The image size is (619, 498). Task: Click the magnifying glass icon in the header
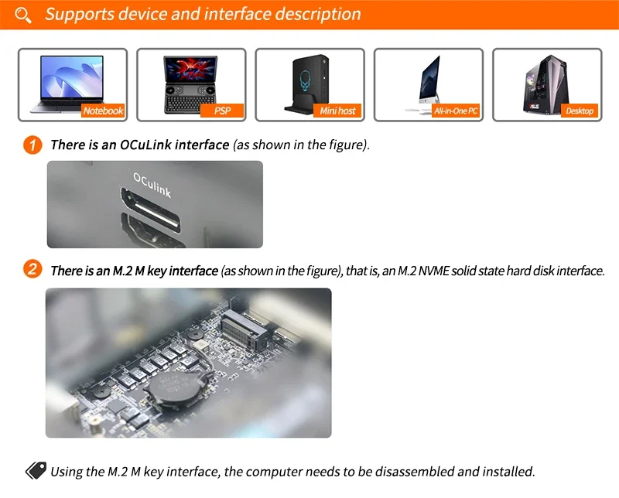tap(23, 15)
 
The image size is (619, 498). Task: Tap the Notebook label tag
tap(103, 111)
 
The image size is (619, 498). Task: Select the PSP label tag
tap(222, 111)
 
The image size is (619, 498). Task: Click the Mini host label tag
tap(337, 111)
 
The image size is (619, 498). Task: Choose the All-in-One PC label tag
tap(456, 111)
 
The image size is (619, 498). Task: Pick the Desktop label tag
tap(580, 111)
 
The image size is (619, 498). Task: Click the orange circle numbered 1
tap(32, 145)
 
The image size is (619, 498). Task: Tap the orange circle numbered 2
tap(32, 270)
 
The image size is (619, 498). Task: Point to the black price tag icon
tap(36, 470)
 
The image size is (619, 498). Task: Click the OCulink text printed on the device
tap(152, 185)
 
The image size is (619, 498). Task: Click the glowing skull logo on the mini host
tap(305, 81)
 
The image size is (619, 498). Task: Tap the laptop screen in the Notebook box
tap(72, 77)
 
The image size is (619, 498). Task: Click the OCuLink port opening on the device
tap(151, 210)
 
